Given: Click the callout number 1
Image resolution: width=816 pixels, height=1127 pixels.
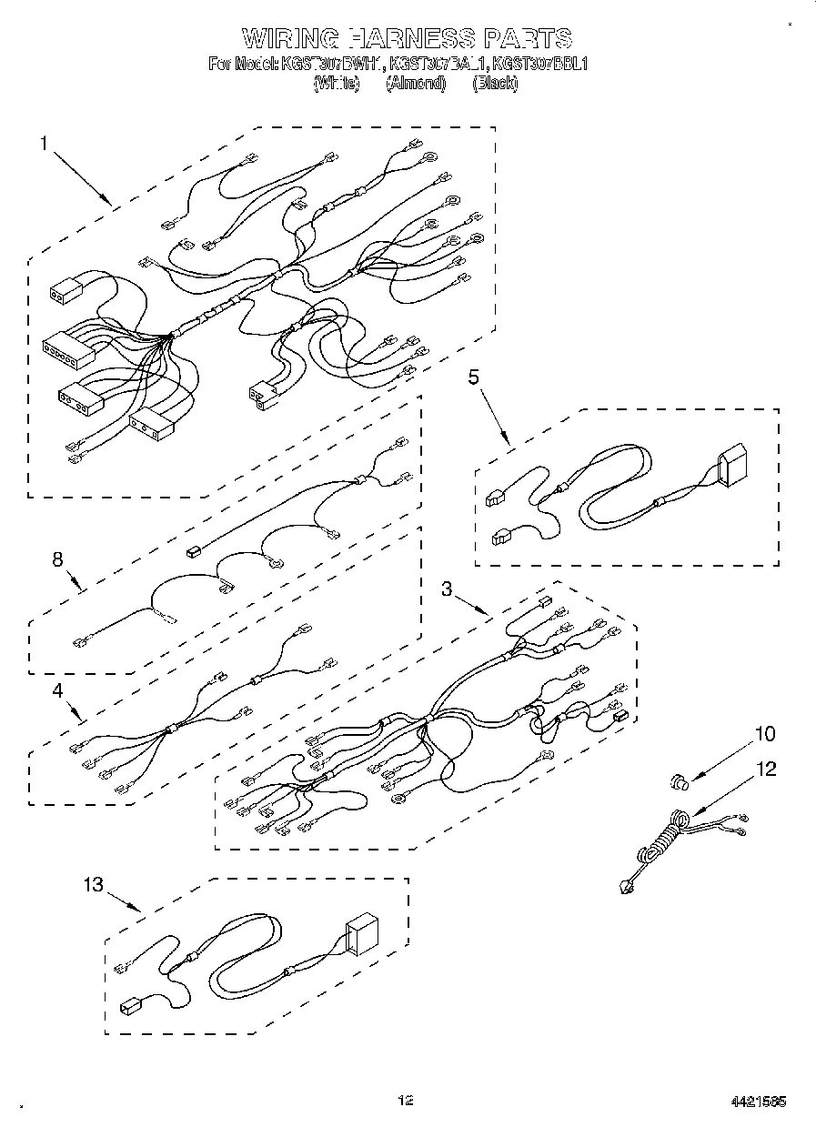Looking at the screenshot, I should (43, 144).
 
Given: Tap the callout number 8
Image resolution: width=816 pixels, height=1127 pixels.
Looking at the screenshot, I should (57, 560).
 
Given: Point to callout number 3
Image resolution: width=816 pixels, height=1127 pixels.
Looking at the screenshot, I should (447, 589).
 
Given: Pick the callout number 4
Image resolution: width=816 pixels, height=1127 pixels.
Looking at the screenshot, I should (57, 690).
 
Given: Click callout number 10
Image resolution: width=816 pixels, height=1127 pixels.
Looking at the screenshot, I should (765, 734).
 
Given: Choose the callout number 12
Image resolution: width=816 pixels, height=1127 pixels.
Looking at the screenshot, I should (766, 770).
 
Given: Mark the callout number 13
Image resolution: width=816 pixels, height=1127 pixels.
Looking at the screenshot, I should (94, 883).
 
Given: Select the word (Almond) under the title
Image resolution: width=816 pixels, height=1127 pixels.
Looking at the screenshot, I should (416, 83).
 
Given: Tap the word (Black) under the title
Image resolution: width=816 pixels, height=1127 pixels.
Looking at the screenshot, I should (495, 83).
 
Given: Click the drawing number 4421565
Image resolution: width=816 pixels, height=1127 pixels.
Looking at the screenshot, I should (758, 1102).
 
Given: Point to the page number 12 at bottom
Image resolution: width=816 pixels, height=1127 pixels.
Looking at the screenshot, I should (406, 1101).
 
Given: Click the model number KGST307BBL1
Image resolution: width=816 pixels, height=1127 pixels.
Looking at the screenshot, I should (540, 65).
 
